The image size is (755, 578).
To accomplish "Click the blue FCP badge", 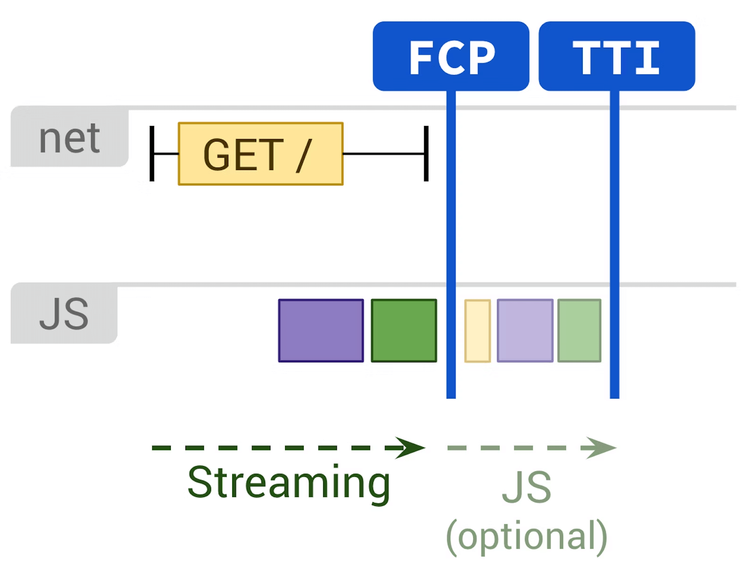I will click(x=451, y=56).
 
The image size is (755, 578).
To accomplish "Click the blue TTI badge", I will click(x=616, y=56).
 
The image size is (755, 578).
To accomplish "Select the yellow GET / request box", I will click(x=260, y=154).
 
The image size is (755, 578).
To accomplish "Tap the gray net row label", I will click(x=69, y=137).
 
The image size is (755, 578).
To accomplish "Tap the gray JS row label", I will click(x=64, y=314).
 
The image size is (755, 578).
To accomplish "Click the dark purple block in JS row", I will click(x=321, y=331).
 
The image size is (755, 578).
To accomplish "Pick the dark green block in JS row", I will click(x=404, y=331).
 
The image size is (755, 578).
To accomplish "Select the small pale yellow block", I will click(x=477, y=331).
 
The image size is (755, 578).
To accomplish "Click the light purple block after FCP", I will click(x=525, y=331).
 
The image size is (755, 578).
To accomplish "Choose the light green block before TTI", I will click(x=579, y=331).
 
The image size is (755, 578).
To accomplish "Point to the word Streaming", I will click(x=289, y=483).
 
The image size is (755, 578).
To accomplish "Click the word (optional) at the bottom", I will click(x=526, y=536).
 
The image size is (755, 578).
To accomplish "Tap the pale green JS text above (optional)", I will click(x=526, y=487).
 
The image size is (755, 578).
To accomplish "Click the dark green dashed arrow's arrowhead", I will click(x=411, y=448).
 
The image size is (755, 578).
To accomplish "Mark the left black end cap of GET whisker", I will click(x=152, y=154).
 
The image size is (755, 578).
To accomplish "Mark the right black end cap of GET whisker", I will click(x=426, y=154).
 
